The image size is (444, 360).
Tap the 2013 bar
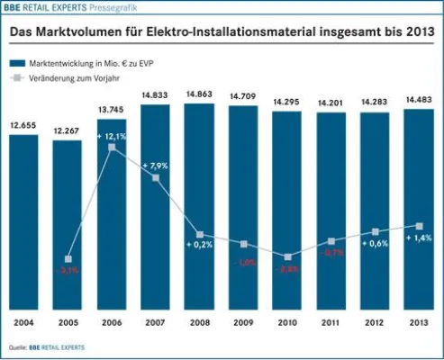click(x=420, y=206)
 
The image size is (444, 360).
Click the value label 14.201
click(x=331, y=103)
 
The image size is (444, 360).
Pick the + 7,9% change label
click(x=157, y=166)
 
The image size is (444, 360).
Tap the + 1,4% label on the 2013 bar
click(x=420, y=238)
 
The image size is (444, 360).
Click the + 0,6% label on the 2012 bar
click(x=376, y=244)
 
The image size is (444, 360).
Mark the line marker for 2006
click(x=112, y=147)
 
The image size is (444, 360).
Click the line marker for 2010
click(x=287, y=256)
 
